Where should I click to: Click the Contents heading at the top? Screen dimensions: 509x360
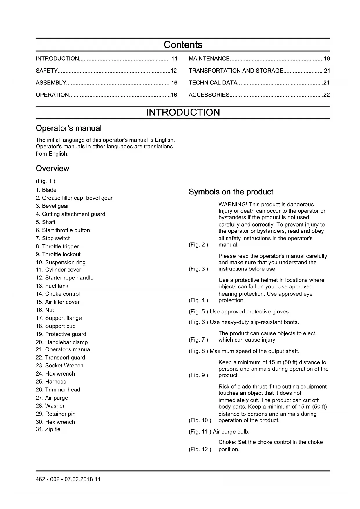coord(183,45)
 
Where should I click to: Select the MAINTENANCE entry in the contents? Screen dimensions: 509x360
coord(209,59)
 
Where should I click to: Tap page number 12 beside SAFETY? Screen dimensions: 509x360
coord(173,71)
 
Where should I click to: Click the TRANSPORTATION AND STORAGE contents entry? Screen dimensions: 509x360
coord(236,71)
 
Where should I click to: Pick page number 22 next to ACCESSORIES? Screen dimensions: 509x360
coord(327,95)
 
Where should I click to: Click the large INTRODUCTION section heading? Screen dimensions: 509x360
coord(183,113)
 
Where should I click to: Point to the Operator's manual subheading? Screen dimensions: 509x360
coord(68,128)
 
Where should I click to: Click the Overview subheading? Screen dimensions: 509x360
coord(53,169)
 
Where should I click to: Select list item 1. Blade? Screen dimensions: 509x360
coord(46,190)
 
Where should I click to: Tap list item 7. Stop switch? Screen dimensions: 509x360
coord(53,238)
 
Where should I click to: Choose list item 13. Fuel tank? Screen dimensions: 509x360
coord(52,286)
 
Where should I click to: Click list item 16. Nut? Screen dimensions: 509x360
coord(45,310)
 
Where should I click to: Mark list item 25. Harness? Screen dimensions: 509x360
coord(51,382)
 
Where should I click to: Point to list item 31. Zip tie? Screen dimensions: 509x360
coord(48,429)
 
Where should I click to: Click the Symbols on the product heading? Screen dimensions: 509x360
coord(231,192)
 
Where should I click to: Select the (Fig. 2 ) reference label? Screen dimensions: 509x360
coord(198,245)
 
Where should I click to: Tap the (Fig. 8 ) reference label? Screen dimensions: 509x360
coord(198,351)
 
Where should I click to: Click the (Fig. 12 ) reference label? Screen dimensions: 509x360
coord(200,449)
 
